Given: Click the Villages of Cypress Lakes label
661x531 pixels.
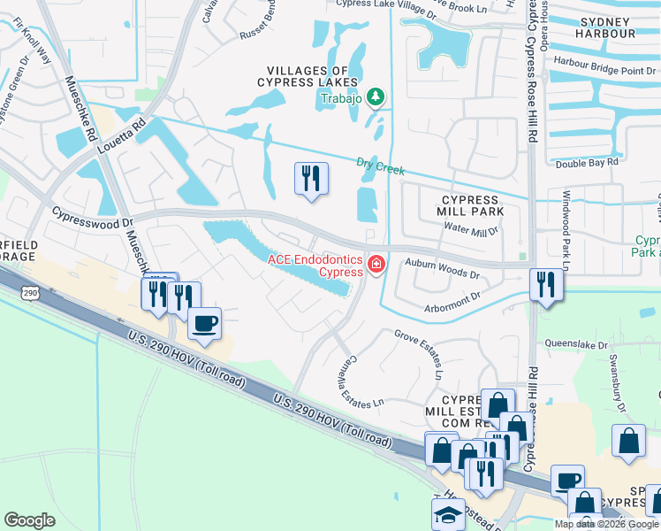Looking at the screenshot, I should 314,76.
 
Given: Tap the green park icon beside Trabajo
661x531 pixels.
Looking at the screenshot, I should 376,96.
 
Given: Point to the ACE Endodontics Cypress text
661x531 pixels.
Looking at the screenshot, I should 315,265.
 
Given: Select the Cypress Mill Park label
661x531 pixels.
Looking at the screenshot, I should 471,206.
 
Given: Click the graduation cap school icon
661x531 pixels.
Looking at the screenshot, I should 448,513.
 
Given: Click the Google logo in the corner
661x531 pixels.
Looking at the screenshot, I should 29,520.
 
